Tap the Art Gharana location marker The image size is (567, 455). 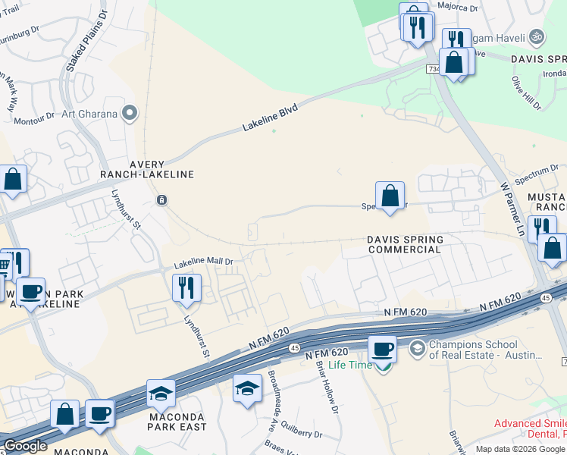click(x=130, y=115)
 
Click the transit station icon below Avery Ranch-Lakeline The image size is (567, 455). click(x=161, y=200)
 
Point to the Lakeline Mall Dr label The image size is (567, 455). click(x=203, y=263)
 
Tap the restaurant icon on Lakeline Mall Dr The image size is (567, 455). click(x=186, y=287)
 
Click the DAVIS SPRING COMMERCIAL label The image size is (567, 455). click(x=405, y=244)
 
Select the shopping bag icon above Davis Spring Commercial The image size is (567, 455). click(x=390, y=196)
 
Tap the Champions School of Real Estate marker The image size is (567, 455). click(x=416, y=349)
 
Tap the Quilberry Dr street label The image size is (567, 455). click(x=298, y=435)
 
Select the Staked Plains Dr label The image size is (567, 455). click(x=78, y=46)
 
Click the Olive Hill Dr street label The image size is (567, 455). click(x=525, y=93)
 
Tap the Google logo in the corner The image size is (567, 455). click(x=25, y=446)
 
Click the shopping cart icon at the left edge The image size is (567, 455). click(x=4, y=264)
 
